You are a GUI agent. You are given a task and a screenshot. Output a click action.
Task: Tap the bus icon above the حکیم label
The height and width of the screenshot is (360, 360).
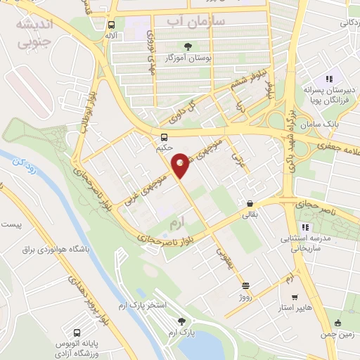click(164, 137)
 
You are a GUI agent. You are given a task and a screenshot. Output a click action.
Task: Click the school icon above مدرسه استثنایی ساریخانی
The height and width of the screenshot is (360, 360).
click(304, 227)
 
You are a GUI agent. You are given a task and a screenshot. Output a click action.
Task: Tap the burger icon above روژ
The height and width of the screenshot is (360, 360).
click(245, 285)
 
